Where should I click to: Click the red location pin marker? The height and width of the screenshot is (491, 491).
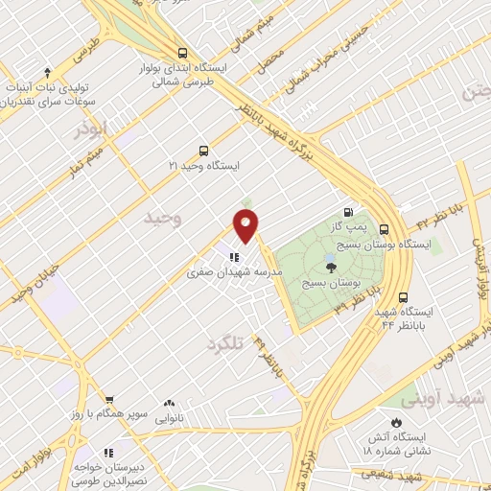[247, 225]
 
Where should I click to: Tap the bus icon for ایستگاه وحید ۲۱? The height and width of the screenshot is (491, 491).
[202, 151]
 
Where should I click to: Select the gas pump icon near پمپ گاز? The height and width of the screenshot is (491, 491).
[347, 214]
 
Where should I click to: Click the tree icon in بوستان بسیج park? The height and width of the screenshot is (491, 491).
[331, 268]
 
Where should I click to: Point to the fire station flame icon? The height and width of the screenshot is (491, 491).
[396, 422]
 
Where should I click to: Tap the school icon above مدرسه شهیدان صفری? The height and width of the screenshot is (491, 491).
[234, 256]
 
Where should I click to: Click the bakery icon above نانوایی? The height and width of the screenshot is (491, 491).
[170, 404]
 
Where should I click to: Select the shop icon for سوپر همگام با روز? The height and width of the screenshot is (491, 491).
[109, 401]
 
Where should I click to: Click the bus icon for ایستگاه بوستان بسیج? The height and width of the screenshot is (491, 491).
[384, 229]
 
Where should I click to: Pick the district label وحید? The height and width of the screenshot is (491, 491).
[163, 219]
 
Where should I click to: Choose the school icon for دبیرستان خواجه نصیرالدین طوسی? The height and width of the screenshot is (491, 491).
[108, 452]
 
